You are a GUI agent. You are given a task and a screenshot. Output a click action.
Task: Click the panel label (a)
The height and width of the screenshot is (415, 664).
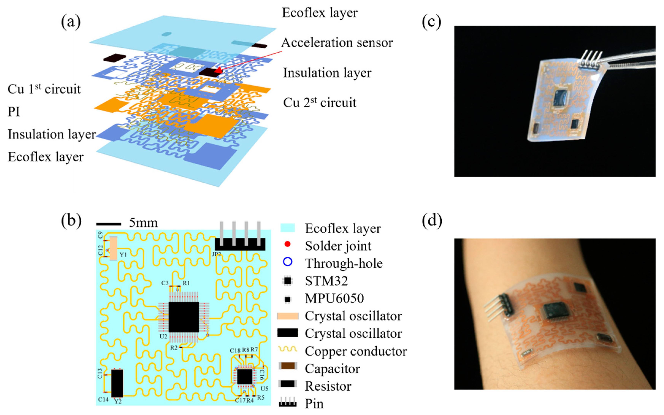click(71, 21)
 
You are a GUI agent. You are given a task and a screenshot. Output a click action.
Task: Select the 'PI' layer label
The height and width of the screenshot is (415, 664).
click(14, 112)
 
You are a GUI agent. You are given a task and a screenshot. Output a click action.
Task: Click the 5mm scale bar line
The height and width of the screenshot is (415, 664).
click(109, 224)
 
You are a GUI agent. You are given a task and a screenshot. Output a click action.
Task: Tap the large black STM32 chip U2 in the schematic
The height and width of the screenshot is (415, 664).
click(184, 317)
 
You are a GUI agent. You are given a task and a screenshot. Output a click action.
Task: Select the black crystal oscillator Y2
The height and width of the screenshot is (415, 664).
click(117, 383)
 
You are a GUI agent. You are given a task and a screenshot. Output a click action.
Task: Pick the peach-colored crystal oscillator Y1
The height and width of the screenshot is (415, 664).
click(113, 248)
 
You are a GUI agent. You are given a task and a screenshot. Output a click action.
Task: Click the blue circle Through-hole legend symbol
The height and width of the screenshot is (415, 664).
click(287, 262)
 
